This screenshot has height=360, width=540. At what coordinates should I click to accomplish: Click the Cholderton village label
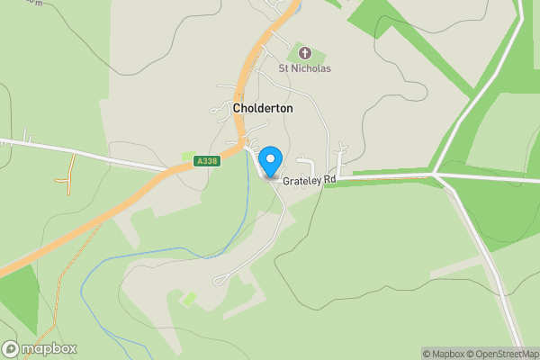(263, 108)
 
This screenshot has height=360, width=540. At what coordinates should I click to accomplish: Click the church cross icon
(303, 54)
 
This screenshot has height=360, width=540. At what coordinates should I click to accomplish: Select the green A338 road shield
(207, 160)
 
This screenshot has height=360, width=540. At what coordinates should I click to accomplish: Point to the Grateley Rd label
(309, 180)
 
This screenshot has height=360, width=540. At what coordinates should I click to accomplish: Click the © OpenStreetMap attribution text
(504, 354)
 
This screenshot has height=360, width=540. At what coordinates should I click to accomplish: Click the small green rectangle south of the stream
(190, 298)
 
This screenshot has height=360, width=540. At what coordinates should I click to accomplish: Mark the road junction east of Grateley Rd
(436, 174)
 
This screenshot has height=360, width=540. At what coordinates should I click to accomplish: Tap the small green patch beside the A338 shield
(188, 157)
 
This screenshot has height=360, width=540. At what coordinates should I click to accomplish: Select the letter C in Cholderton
(237, 108)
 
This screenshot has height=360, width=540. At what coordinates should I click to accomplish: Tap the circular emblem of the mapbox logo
(11, 349)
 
